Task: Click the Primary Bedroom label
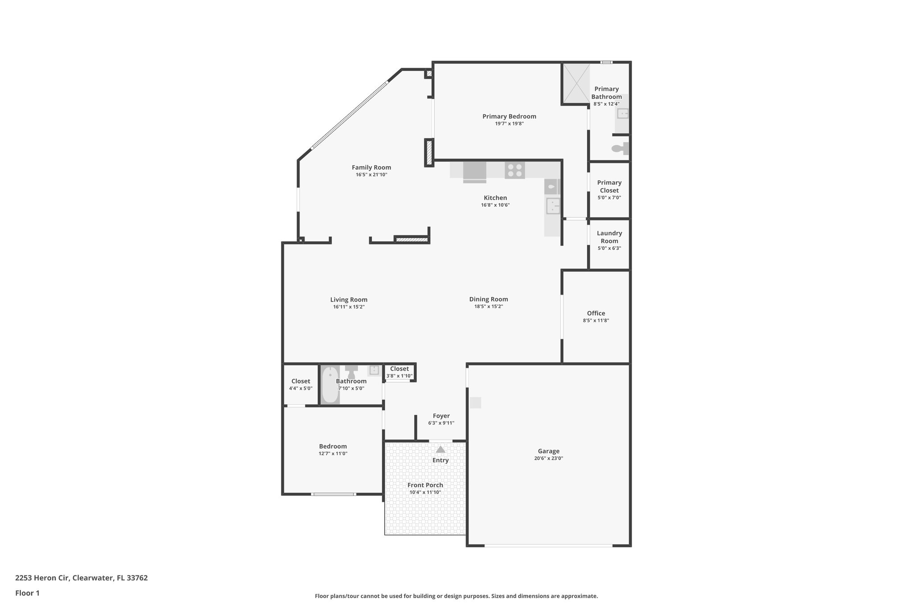click(x=509, y=116)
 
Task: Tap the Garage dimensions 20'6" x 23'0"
click(x=548, y=458)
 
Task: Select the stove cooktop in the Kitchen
click(x=514, y=170)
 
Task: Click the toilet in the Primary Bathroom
click(x=620, y=148)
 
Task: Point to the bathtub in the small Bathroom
click(x=330, y=384)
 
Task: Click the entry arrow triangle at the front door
click(x=440, y=449)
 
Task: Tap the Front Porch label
click(x=425, y=485)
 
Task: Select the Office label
click(x=596, y=313)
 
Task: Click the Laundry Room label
click(x=609, y=237)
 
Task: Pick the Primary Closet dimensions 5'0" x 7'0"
click(x=609, y=198)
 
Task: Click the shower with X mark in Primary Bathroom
click(x=576, y=83)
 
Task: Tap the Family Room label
click(x=371, y=167)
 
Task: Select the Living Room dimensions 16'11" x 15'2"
click(x=349, y=307)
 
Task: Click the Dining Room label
click(x=488, y=299)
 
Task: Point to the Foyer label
click(x=441, y=416)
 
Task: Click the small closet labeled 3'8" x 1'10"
click(x=399, y=372)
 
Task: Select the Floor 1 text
click(x=27, y=593)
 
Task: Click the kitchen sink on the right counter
click(x=553, y=206)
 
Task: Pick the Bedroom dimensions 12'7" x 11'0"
click(x=333, y=453)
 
